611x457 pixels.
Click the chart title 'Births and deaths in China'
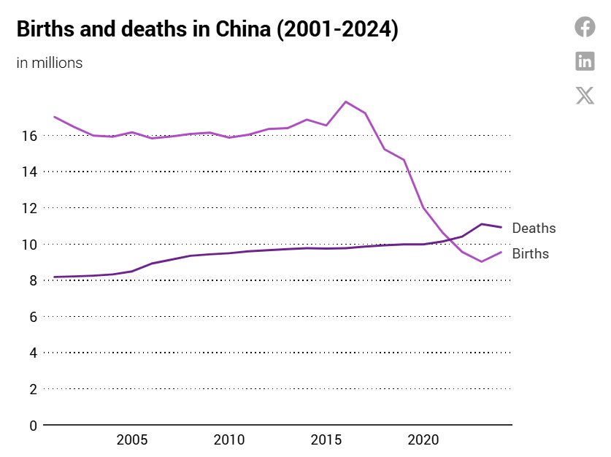pyautogui.click(x=207, y=30)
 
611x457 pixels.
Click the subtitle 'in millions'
pyautogui.click(x=50, y=63)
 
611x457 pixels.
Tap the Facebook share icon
pyautogui.click(x=585, y=27)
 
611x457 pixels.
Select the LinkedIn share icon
pyautogui.click(x=585, y=61)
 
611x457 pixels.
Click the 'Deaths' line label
pyautogui.click(x=534, y=228)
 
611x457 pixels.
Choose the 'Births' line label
pyautogui.click(x=531, y=254)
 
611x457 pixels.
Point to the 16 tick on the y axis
pyautogui.click(x=29, y=136)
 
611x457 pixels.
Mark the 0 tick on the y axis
pyautogui.click(x=33, y=426)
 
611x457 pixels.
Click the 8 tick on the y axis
pyautogui.click(x=33, y=280)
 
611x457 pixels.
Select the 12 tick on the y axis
pyautogui.click(x=29, y=208)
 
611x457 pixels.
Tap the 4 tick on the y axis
pyautogui.click(x=33, y=353)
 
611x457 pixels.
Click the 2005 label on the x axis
pyautogui.click(x=132, y=440)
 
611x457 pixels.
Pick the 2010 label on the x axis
pyautogui.click(x=229, y=440)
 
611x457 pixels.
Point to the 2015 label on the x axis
pyautogui.click(x=326, y=440)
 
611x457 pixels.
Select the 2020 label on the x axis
pyautogui.click(x=423, y=440)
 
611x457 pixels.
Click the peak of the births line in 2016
pyautogui.click(x=346, y=101)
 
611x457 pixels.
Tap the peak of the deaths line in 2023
pyautogui.click(x=482, y=224)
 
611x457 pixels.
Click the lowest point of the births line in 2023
pyautogui.click(x=482, y=261)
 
